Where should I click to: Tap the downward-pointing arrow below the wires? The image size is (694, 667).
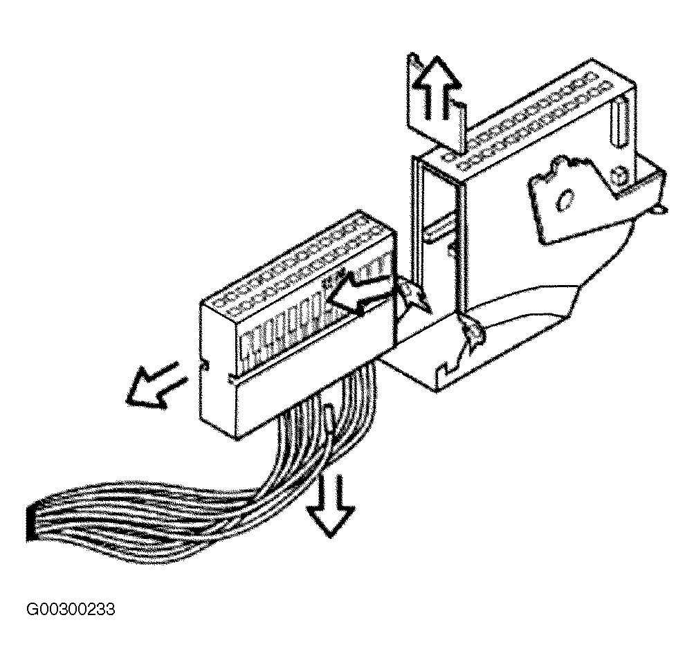pyautogui.click(x=331, y=504)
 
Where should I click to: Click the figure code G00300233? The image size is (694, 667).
pyautogui.click(x=71, y=609)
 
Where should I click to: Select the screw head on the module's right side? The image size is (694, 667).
pyautogui.click(x=619, y=176)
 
